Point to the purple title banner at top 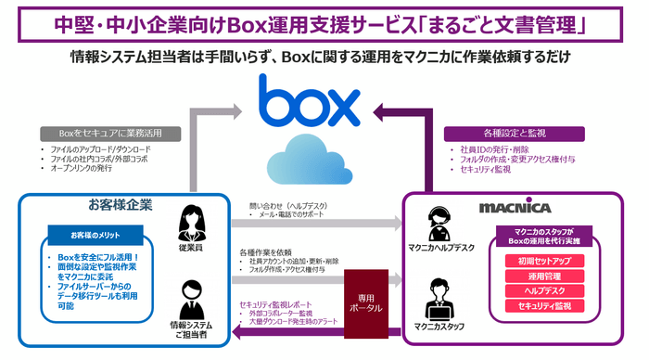point(324,21)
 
